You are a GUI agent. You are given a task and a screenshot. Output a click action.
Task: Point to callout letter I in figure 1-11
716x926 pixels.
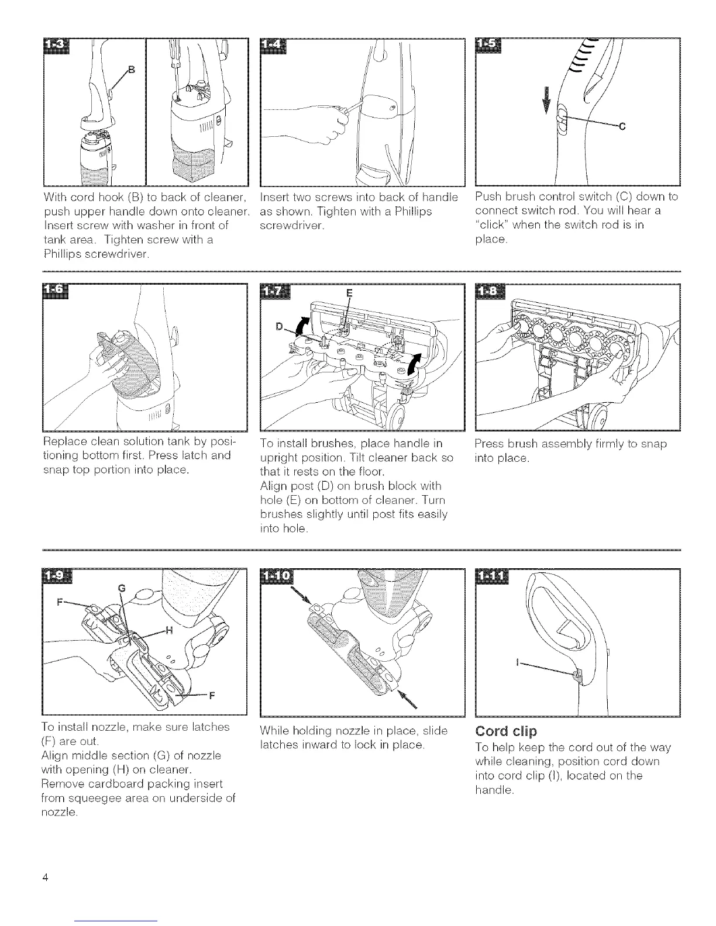(517, 664)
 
